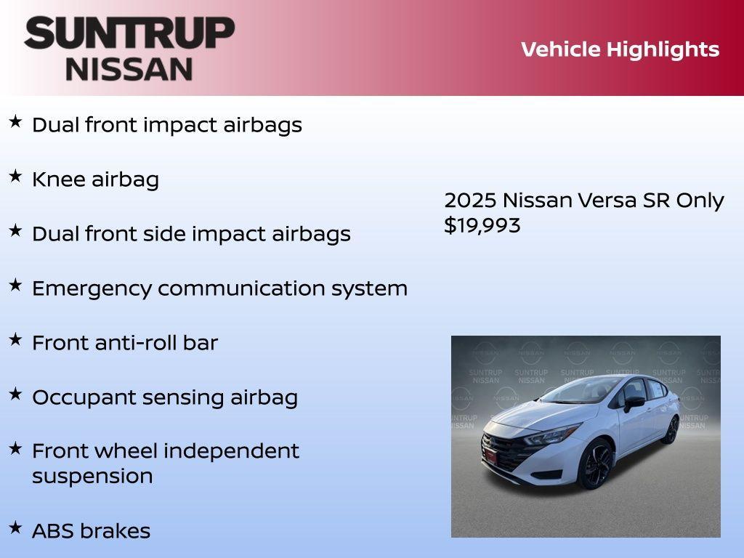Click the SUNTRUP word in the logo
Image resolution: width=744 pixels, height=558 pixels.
(129, 33)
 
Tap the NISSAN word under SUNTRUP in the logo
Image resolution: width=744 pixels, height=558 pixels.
(129, 69)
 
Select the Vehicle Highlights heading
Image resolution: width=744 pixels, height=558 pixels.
(620, 49)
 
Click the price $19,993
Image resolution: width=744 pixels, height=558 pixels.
(482, 226)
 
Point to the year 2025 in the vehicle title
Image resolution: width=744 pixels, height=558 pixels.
(469, 201)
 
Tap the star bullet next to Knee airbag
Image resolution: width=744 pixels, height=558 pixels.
(15, 176)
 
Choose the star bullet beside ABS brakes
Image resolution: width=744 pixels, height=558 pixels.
(15, 527)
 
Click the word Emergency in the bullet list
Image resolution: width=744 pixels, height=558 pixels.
(92, 288)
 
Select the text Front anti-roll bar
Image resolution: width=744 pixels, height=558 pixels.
(125, 343)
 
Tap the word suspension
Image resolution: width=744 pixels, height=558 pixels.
(92, 477)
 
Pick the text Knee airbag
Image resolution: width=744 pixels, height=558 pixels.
(95, 179)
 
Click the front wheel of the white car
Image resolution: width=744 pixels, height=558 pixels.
(595, 464)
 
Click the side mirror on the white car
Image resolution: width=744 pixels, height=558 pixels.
(634, 402)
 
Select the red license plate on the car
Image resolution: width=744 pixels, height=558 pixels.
(491, 457)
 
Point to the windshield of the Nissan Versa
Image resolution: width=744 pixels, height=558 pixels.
(581, 392)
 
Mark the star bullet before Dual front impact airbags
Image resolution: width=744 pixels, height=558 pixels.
(15, 121)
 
